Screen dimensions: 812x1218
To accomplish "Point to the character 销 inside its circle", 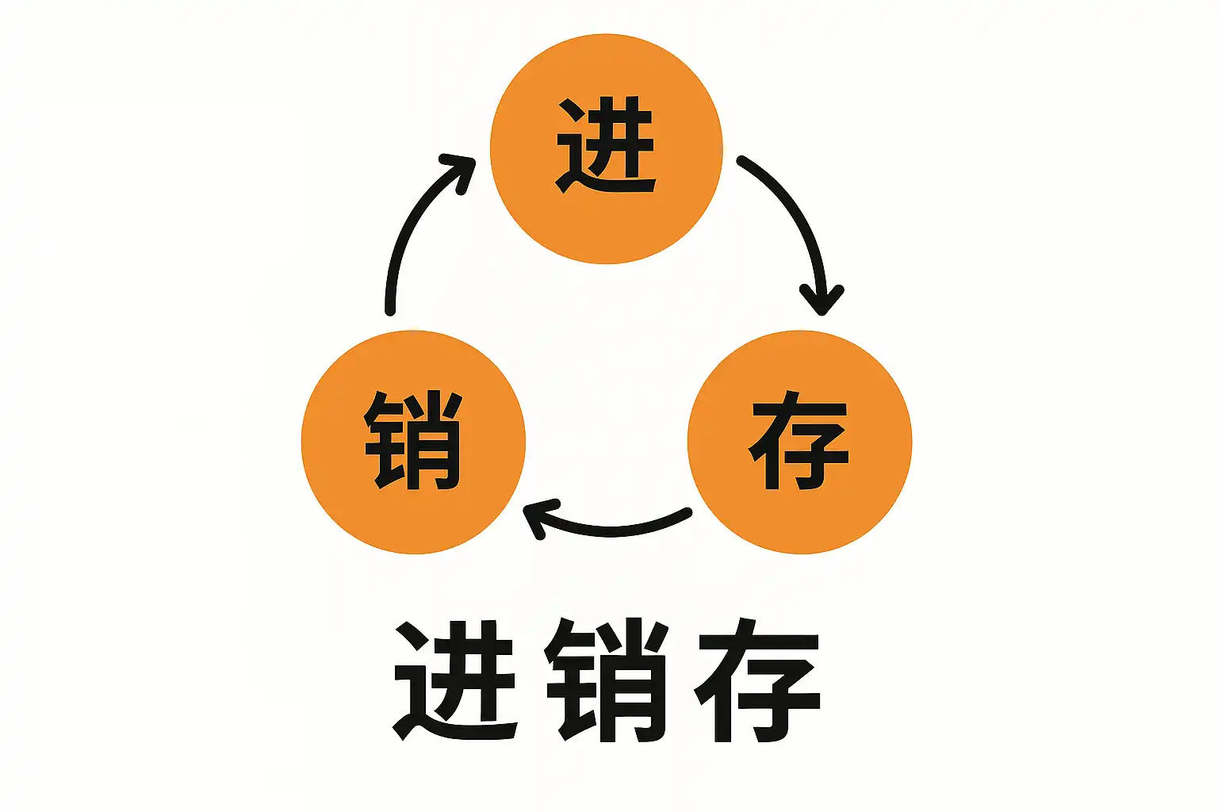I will [413, 439].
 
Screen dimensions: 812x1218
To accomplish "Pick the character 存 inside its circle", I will [799, 439].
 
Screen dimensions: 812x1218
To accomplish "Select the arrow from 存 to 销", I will [611, 529].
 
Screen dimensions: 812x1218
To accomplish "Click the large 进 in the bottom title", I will [456, 680].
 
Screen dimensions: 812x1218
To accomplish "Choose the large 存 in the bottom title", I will [757, 680].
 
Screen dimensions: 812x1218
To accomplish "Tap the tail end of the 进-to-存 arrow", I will [741, 161].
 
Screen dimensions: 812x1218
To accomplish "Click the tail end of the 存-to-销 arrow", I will [687, 513].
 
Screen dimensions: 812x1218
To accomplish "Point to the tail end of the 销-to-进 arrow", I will [389, 310].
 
